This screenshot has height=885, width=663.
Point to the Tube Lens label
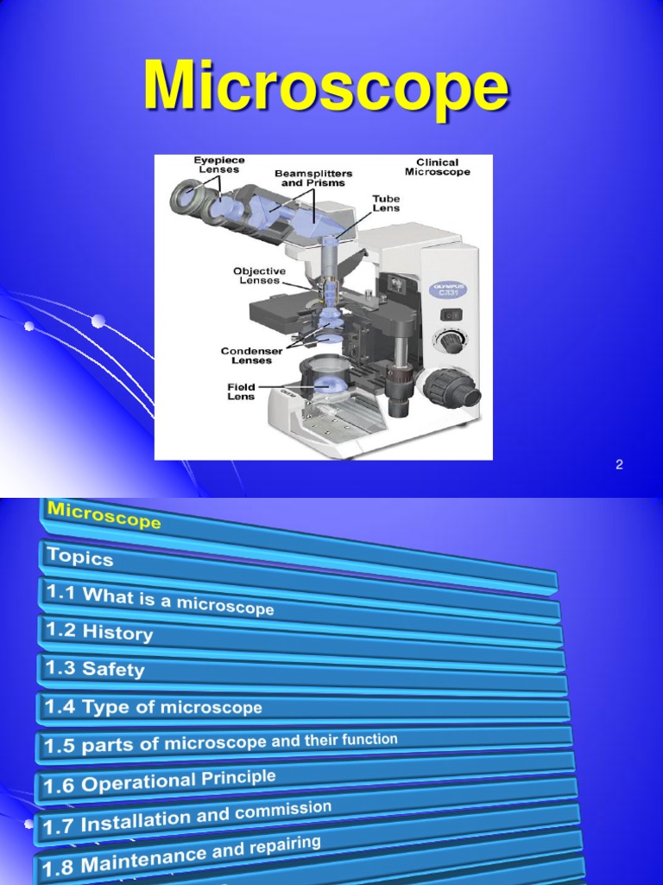point(386,204)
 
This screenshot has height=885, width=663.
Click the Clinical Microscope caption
point(443,167)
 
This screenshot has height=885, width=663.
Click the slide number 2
point(619,465)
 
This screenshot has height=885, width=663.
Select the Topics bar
point(80,557)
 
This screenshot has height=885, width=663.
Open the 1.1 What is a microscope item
point(160,598)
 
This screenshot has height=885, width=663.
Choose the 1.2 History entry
point(99,632)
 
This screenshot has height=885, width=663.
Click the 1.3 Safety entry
point(95,669)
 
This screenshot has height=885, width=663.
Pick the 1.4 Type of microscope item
point(154,708)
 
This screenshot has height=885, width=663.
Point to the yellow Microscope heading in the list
point(104,516)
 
